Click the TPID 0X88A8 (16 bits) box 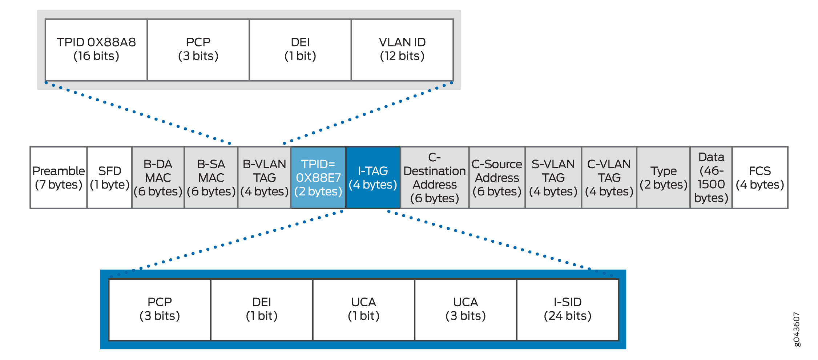pyautogui.click(x=96, y=49)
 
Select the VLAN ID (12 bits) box pyautogui.click(x=402, y=49)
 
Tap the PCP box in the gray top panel pyautogui.click(x=198, y=49)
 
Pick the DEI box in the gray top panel pyautogui.click(x=300, y=49)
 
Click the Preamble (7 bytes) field pyautogui.click(x=59, y=178)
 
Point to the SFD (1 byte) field pyautogui.click(x=109, y=178)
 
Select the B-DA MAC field pyautogui.click(x=158, y=178)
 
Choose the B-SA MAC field pyautogui.click(x=211, y=178)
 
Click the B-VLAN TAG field pyautogui.click(x=265, y=178)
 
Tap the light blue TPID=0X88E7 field pyautogui.click(x=318, y=178)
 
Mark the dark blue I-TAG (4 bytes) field pyautogui.click(x=373, y=178)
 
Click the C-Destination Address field pyautogui.click(x=435, y=178)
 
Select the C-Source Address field pyautogui.click(x=497, y=178)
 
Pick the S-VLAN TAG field pyautogui.click(x=553, y=178)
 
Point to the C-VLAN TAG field pyautogui.click(x=609, y=178)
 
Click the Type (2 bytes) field pyautogui.click(x=664, y=178)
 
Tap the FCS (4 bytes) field pyautogui.click(x=760, y=178)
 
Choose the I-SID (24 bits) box pyautogui.click(x=568, y=310)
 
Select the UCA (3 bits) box pyautogui.click(x=466, y=310)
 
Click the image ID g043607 pyautogui.click(x=796, y=329)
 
